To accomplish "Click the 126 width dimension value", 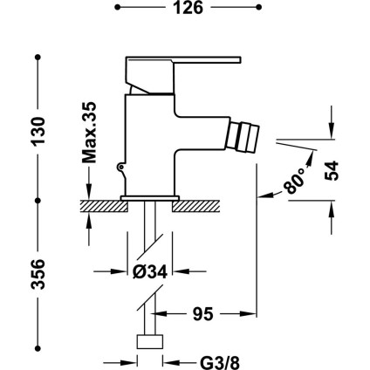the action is [188, 8].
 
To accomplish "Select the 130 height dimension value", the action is [38, 131].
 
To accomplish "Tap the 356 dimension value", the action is [38, 274].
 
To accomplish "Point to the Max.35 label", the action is [89, 133].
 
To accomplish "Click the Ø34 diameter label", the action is [150, 272].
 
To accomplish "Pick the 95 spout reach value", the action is [203, 313].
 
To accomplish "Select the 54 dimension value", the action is [332, 171].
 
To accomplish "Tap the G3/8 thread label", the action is [220, 362].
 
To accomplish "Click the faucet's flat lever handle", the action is [183, 59].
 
